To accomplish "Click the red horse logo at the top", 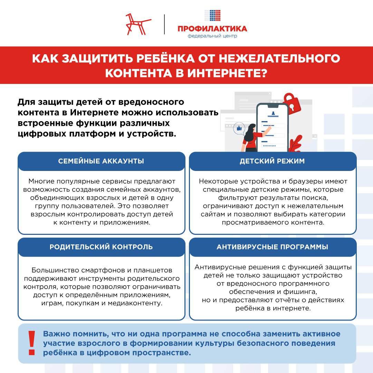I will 138,24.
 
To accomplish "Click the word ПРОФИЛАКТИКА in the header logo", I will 212,29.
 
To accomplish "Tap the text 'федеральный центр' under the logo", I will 212,36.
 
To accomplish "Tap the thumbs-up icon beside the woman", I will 238,128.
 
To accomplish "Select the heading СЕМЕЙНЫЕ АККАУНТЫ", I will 101,161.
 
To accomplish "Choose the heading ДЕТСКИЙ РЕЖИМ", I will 272,161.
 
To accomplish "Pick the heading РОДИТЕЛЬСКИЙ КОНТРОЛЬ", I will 101,247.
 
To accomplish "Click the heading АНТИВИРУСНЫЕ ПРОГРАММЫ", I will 272,247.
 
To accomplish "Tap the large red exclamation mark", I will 32,343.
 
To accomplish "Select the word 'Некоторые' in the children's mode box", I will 216,181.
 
